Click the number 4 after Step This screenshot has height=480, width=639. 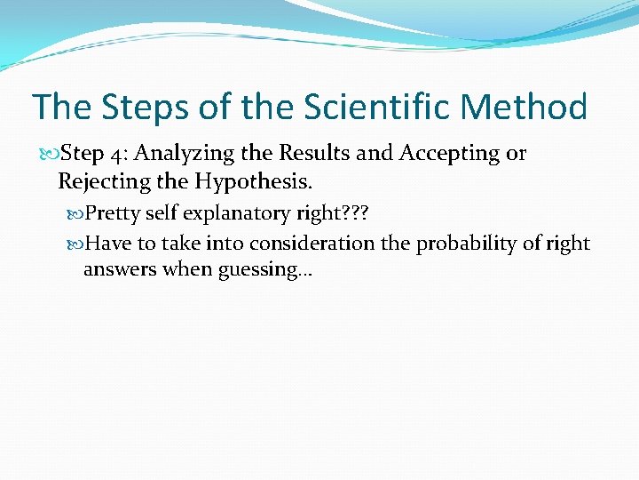click(x=118, y=154)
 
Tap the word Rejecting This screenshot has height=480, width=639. click(x=97, y=182)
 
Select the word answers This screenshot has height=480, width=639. click(x=119, y=269)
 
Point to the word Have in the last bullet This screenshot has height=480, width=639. click(x=109, y=244)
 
